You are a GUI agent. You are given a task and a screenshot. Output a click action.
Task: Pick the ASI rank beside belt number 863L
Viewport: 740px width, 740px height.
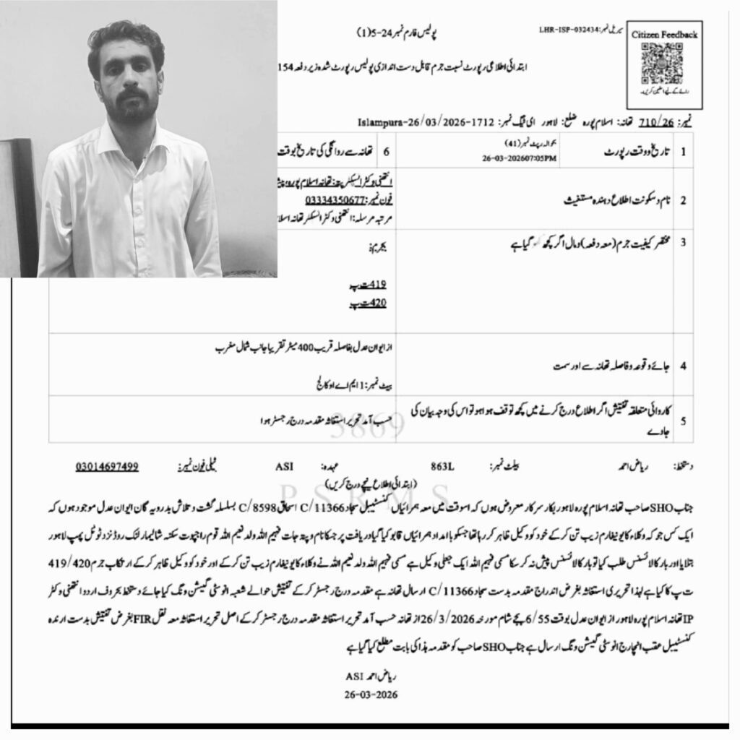click(284, 466)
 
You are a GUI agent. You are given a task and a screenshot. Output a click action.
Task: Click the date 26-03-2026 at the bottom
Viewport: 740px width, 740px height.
click(371, 694)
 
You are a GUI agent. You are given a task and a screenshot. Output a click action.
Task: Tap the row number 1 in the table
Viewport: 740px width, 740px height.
click(684, 153)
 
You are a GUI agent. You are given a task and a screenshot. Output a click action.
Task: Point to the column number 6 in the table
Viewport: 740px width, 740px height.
click(386, 152)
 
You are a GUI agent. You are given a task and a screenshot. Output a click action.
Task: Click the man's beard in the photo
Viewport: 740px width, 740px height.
click(131, 108)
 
